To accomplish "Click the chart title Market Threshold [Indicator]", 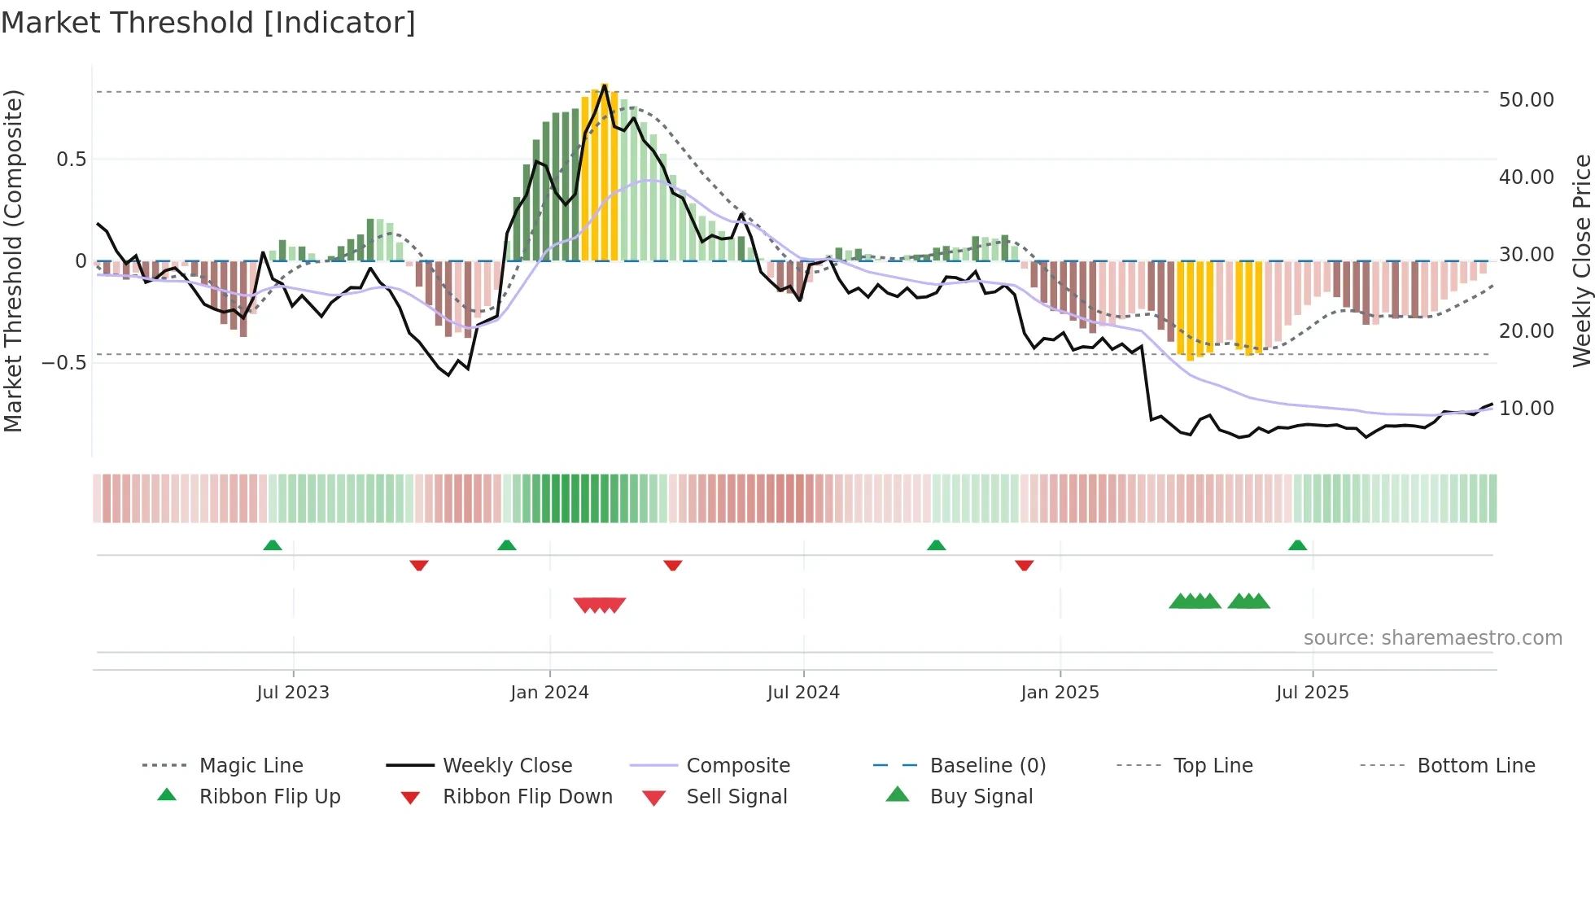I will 208,23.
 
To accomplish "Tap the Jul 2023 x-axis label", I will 293,693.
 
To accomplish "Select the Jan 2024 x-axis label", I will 549,693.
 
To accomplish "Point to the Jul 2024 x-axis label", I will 803,693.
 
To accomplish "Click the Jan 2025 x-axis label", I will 1060,693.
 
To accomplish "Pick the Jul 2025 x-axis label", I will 1313,693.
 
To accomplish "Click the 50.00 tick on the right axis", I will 1527,100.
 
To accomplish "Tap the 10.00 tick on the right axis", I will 1527,409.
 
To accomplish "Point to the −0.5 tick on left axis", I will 64,362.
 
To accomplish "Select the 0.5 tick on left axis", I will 71,160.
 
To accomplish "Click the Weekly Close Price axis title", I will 1581,260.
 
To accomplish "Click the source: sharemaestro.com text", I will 1432,638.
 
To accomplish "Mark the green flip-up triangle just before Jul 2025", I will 1297,545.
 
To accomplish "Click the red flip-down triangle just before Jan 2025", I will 1024,565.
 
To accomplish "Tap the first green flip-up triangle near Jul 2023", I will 273,545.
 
